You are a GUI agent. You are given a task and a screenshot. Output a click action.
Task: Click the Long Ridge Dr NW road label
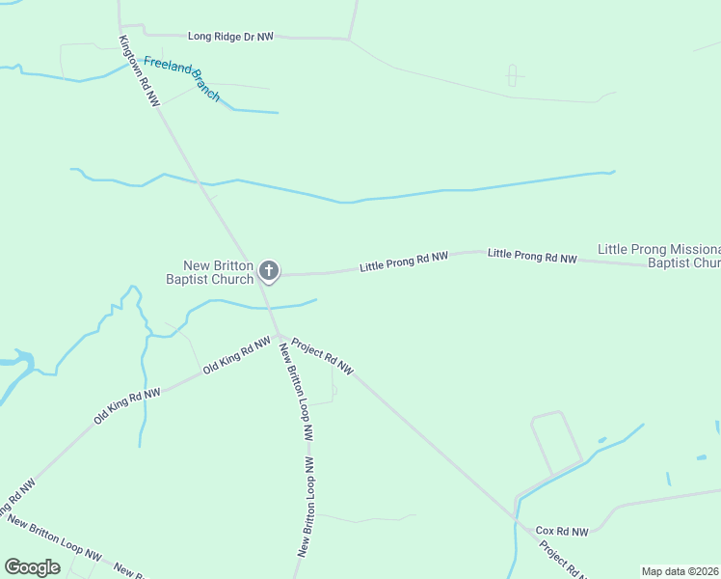[x=230, y=36]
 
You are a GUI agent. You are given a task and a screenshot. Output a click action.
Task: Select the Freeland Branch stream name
[x=182, y=79]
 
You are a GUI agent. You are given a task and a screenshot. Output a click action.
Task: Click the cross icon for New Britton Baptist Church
[x=270, y=271]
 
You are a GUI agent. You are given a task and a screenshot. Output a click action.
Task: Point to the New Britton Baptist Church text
[x=219, y=273]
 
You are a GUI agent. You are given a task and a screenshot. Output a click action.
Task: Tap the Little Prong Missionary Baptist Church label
[x=660, y=256]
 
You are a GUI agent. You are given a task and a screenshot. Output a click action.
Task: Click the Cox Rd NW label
[x=562, y=531]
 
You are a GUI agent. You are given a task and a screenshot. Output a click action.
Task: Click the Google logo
[x=33, y=567]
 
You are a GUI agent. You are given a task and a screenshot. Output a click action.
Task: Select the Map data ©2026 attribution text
[x=680, y=571]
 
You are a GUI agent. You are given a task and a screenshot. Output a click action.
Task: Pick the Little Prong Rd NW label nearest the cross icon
[x=404, y=262]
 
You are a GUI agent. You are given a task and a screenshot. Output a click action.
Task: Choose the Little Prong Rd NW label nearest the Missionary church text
[x=532, y=257]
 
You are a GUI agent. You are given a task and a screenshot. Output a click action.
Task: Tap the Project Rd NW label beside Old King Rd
[x=323, y=356]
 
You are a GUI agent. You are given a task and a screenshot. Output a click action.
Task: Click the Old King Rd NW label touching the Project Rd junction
[x=237, y=354]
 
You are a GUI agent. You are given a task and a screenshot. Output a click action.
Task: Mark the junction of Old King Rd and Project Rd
[x=280, y=337]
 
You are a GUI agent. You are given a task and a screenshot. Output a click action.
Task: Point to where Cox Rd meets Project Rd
[x=516, y=520]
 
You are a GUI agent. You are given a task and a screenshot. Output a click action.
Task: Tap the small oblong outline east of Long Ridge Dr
[x=513, y=74]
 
